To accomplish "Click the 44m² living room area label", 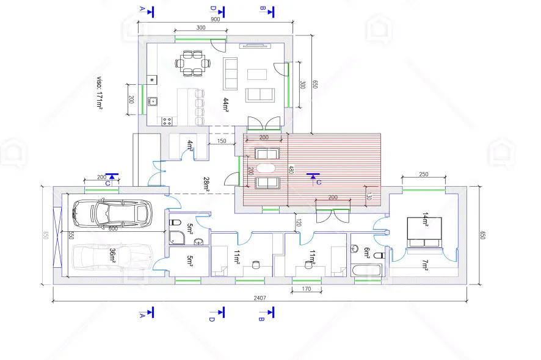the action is (226, 105).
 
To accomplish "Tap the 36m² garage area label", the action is (112, 256).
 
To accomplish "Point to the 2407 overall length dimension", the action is (260, 298).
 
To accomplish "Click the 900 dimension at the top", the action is (216, 20).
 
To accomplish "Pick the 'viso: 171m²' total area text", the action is (100, 92).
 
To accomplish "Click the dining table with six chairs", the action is (193, 63).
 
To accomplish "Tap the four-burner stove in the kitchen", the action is (167, 121).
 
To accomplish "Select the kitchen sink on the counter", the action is (153, 101).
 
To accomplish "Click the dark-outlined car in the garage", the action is (112, 214).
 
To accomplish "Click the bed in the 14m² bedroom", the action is (424, 232).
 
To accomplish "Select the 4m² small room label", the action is (190, 145).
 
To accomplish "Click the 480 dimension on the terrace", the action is (291, 169).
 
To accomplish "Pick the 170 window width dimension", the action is (307, 289).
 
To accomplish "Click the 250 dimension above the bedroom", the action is (424, 175).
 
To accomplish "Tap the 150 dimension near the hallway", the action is (222, 141).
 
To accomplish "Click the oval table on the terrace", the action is (266, 168).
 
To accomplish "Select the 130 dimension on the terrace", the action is (369, 196).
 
